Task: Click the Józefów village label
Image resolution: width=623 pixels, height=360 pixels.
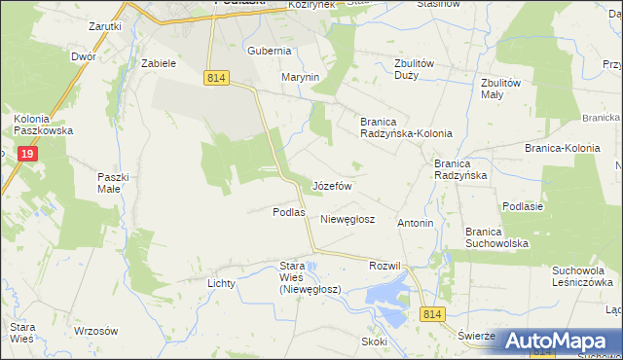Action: point(331,185)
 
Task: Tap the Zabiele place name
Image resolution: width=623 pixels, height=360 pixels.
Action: point(158,63)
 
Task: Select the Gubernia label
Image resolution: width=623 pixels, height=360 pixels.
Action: point(270,51)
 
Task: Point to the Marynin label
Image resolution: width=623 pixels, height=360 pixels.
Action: point(301,77)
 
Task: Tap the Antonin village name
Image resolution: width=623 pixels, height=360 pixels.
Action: point(415,223)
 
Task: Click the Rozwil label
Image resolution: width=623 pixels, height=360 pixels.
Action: point(385,266)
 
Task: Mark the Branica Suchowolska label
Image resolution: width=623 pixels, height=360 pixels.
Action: point(496,237)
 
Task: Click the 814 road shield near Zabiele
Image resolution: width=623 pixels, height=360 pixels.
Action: point(216,77)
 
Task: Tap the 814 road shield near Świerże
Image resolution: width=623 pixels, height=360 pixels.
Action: point(434,313)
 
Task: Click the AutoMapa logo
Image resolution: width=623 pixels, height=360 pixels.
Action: point(559,341)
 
